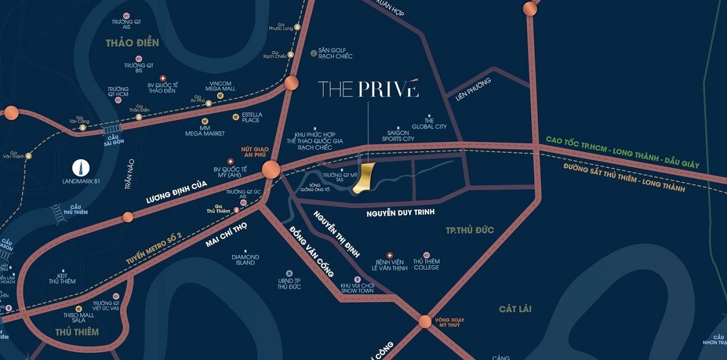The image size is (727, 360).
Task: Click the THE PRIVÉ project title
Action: pyautogui.click(x=368, y=88)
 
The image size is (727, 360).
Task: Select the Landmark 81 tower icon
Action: pyautogui.click(x=80, y=168)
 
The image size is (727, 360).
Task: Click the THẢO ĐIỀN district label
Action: pyautogui.click(x=132, y=43)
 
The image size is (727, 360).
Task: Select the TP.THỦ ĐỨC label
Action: pyautogui.click(x=470, y=230)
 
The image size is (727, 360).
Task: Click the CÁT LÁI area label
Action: pyautogui.click(x=515, y=309)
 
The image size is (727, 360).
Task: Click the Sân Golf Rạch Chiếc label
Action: pyautogui.click(x=335, y=53)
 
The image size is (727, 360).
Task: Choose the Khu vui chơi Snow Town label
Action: pyautogui.click(x=357, y=288)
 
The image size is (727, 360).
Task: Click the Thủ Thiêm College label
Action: pyautogui.click(x=427, y=264)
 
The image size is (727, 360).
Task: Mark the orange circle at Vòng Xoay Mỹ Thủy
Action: pyautogui.click(x=425, y=321)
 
